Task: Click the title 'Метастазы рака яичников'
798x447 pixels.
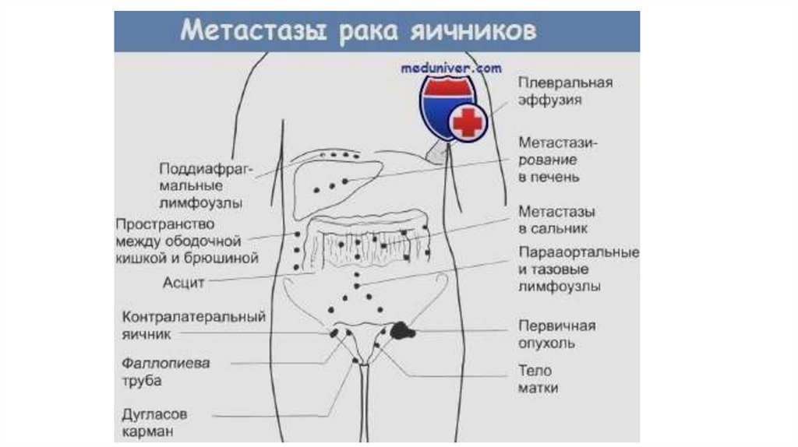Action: click(x=358, y=31)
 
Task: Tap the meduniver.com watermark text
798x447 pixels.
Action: click(x=451, y=68)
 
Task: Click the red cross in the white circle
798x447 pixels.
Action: click(x=468, y=122)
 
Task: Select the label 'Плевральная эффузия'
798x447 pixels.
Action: click(x=565, y=91)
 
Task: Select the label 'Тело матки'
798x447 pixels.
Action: click(x=538, y=379)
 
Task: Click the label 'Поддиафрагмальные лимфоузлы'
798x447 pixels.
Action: click(x=200, y=185)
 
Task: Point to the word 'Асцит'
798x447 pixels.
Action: click(x=184, y=283)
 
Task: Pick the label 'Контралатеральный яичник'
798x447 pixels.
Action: click(x=194, y=326)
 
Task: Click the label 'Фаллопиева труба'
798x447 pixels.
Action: click(x=165, y=372)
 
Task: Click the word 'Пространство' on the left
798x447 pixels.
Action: click(x=160, y=223)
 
